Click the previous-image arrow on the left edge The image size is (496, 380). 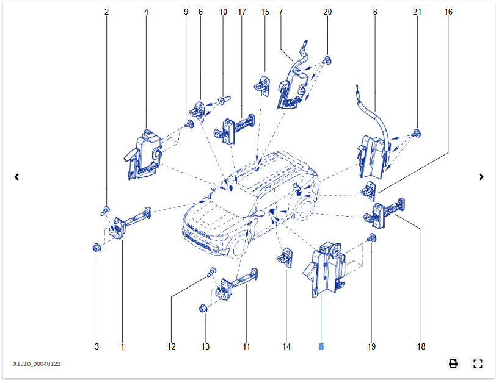(x=16, y=177)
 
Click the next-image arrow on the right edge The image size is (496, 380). (x=481, y=177)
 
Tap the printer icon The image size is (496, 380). (x=453, y=364)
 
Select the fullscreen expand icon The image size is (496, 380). (x=478, y=364)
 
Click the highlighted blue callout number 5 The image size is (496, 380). (x=321, y=346)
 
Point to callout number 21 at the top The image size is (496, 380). (x=417, y=12)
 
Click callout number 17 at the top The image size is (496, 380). (x=242, y=12)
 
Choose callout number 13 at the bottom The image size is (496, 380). (x=205, y=346)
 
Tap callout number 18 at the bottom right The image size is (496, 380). (x=421, y=346)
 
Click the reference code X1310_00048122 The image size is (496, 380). (x=37, y=364)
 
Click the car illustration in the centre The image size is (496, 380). (x=250, y=204)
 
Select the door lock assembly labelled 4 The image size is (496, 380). (x=145, y=156)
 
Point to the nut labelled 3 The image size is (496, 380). (x=96, y=248)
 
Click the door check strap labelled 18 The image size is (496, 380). (x=385, y=211)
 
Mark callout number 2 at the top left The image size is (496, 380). (x=106, y=12)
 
